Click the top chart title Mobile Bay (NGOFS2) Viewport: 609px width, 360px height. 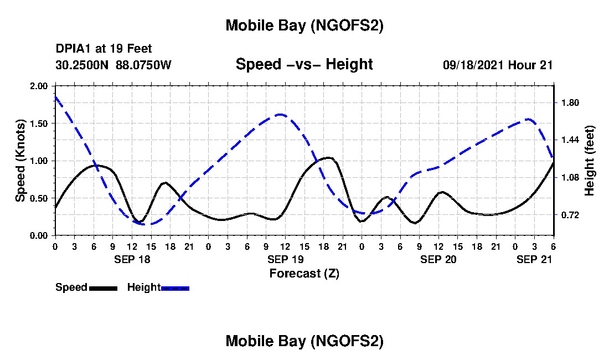point(304,25)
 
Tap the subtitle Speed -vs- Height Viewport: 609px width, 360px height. point(304,65)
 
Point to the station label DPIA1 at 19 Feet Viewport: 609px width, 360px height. point(104,49)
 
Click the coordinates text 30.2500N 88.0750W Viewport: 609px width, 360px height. point(113,65)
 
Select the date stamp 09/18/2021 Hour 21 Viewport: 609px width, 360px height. point(498,65)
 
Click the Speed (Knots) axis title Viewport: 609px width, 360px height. point(20,160)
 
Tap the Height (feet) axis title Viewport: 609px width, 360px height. point(589,161)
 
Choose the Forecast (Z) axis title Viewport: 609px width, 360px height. point(304,273)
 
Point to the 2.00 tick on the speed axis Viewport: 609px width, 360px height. point(40,86)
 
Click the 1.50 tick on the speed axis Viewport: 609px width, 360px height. point(40,124)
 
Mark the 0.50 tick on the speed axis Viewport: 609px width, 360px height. point(40,198)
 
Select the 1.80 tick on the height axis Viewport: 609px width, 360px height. point(570,103)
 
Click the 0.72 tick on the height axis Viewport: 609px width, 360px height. point(570,215)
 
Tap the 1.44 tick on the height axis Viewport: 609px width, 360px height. point(570,140)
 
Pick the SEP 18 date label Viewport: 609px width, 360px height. point(132,259)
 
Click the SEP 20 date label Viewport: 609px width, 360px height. point(438,259)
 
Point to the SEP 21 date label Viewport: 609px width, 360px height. point(534,259)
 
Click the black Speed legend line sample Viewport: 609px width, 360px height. point(102,288)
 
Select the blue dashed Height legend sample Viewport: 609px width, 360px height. point(175,288)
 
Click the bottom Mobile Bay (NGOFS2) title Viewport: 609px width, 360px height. point(304,341)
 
